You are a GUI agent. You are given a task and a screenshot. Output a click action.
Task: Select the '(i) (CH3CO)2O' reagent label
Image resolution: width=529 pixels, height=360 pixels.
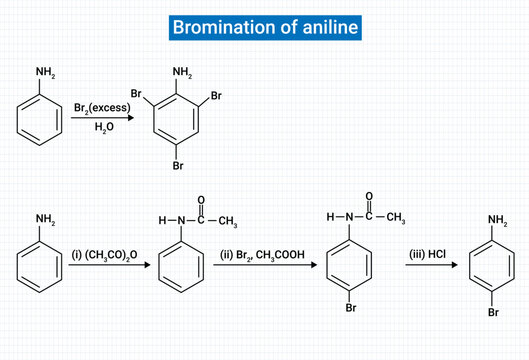(107, 256)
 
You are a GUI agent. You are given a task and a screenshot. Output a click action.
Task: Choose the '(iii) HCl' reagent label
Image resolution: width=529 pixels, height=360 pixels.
(424, 256)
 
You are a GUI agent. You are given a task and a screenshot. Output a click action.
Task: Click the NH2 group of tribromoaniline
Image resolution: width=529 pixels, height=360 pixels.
(181, 73)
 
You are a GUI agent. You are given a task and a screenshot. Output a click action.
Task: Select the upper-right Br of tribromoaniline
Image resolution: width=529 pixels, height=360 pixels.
(217, 99)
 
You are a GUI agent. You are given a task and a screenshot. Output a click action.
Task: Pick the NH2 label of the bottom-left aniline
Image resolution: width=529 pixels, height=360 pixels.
(46, 220)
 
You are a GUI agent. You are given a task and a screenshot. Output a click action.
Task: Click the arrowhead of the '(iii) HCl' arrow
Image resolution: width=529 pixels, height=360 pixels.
(457, 265)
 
